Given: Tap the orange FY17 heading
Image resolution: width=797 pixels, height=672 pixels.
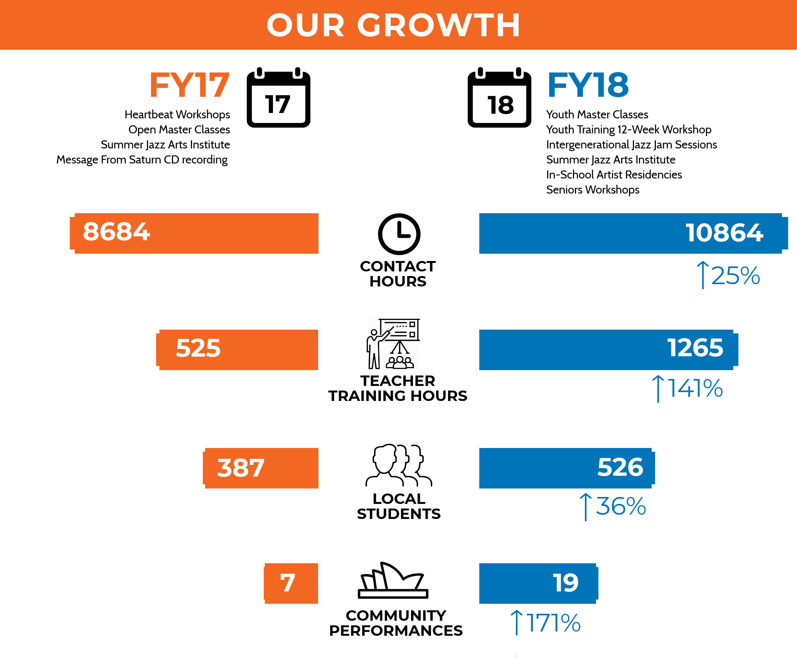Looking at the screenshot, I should pos(189,85).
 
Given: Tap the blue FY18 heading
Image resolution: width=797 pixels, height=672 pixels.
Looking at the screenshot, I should pos(588,85).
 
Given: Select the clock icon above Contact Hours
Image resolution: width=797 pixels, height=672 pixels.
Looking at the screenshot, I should pos(399,234).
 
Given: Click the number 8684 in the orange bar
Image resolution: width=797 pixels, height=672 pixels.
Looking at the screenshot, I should pos(116,232).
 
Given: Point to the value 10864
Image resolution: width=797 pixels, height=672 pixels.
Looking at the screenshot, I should pos(724,233).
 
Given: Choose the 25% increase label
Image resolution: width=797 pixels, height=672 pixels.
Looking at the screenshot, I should pos(729,276).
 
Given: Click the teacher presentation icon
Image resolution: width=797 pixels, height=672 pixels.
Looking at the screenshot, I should pos(393,344).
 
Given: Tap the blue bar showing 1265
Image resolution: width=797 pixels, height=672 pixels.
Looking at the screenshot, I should pos(607,349).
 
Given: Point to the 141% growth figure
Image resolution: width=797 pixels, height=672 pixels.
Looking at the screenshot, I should pos(688,388).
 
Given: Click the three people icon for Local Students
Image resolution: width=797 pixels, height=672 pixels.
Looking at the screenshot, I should pos(399,465).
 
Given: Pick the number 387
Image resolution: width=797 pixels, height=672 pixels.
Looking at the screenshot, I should pos(241,468).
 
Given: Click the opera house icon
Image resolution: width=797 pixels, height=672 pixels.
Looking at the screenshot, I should pos(393,581).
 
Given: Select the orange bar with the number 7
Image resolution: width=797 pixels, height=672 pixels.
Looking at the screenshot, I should pos(291,583).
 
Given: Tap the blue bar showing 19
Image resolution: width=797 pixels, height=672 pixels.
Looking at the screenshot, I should pos(538,583).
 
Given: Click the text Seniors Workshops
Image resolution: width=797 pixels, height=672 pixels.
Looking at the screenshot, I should pos(593,190).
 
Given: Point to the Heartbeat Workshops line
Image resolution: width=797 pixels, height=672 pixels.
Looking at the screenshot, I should pos(177,115).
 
